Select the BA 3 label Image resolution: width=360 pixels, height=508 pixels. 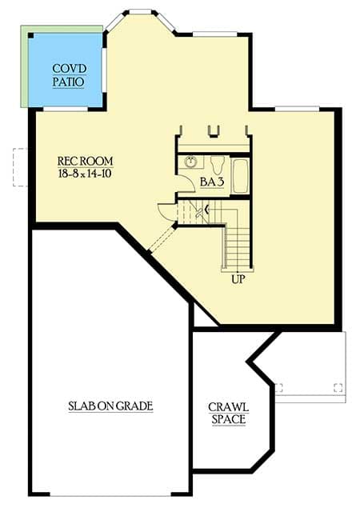(211, 182)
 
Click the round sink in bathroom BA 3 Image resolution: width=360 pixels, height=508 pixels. (191, 162)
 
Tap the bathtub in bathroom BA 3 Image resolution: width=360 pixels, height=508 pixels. (239, 176)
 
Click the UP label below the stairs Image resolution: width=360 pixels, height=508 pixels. (238, 280)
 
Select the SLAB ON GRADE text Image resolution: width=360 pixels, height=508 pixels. (110, 406)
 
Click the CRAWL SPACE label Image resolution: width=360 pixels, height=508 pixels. (228, 412)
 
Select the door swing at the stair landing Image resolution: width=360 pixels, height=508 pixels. (165, 212)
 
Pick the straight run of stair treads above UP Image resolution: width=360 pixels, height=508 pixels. (238, 248)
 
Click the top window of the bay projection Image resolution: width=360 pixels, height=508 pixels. (141, 12)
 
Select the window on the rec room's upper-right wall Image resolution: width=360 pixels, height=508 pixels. (297, 108)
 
